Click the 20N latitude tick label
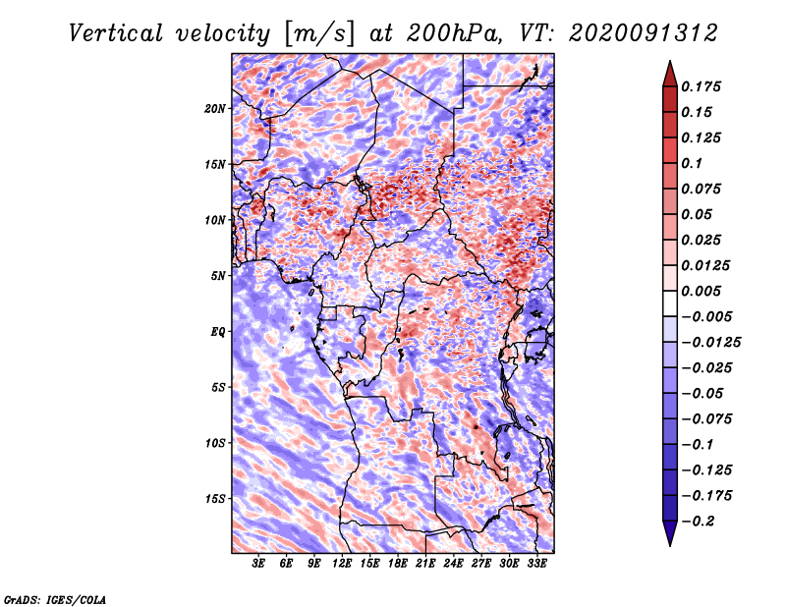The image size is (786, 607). [x=215, y=108]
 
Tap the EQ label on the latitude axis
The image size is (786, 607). [x=218, y=331]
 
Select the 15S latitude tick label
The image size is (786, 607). [x=215, y=498]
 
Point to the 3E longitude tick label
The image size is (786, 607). [x=258, y=564]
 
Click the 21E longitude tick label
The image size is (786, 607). [x=425, y=564]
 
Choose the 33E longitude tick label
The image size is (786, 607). [x=536, y=564]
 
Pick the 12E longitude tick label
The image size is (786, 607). [x=341, y=564]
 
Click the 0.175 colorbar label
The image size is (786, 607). [x=701, y=86]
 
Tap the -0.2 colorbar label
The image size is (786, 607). [x=698, y=521]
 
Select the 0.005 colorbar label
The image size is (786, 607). [x=701, y=291]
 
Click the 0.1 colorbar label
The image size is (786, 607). [x=692, y=163]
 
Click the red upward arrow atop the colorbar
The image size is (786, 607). [x=670, y=74]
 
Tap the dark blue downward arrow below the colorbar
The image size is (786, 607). [x=670, y=533]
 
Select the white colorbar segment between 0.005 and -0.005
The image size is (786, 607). [x=670, y=303]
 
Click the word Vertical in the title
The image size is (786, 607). [x=116, y=33]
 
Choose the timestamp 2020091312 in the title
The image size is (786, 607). [x=644, y=33]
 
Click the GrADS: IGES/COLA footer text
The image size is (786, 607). [x=55, y=599]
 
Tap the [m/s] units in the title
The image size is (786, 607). [x=319, y=34]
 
